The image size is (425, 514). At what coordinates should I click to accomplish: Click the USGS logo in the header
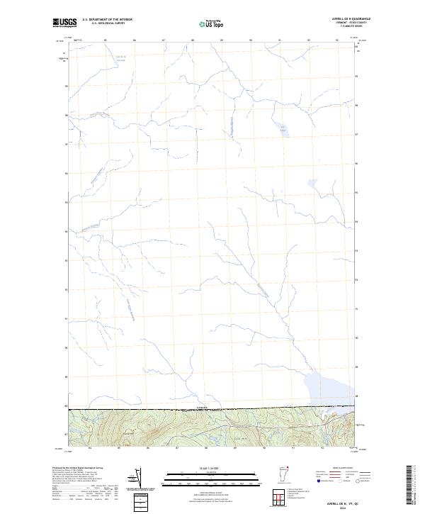coord(64,23)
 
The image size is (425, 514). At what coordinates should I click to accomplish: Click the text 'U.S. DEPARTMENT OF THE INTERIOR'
coord(107,20)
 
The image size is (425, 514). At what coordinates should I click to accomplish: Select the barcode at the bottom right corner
coord(414,482)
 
